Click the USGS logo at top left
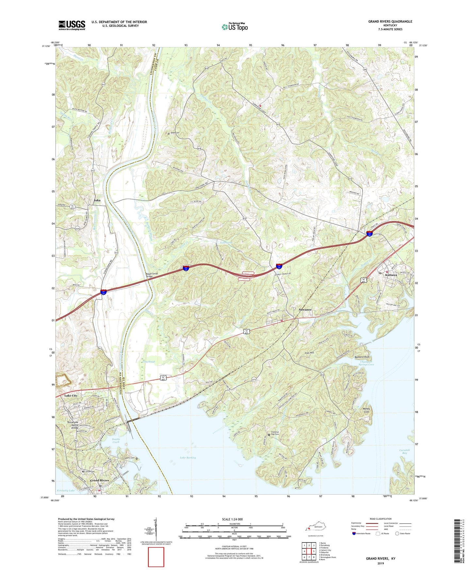pos(72,25)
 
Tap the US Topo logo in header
pos(235,27)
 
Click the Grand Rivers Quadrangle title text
pos(390,22)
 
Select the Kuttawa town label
pos(391,275)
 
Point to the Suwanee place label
pos(305,309)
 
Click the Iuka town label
pos(97,200)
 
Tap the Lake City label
pos(71,395)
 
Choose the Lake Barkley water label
pos(188,458)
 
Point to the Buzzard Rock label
pos(362,357)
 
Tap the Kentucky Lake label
pos(66,491)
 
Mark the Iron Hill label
pos(309,353)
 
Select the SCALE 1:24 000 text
pos(232,519)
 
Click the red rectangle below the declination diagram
pos(156,557)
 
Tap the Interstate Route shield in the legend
pos(354,533)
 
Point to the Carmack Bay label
pos(404,451)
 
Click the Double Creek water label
pos(116,440)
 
